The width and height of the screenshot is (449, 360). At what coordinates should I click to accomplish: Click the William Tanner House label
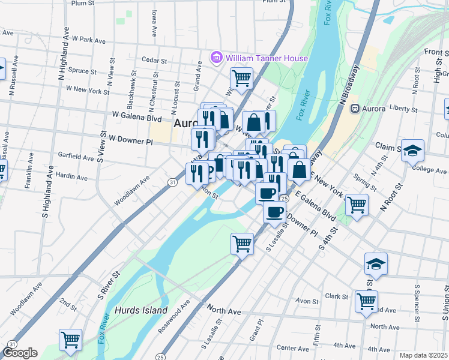tap(267, 58)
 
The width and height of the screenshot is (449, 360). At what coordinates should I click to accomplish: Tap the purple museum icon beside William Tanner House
tap(215, 58)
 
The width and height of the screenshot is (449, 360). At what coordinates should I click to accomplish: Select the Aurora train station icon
tap(355, 109)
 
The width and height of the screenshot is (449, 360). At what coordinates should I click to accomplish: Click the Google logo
tap(19, 353)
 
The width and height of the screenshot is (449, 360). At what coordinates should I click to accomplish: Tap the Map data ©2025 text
tap(423, 355)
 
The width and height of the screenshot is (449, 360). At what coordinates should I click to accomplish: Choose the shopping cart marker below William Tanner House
tap(241, 77)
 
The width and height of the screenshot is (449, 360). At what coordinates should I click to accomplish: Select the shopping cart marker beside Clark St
tap(366, 301)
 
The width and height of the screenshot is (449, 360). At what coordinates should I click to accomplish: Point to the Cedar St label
tap(154, 59)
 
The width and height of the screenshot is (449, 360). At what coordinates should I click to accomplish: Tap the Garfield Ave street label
tap(76, 158)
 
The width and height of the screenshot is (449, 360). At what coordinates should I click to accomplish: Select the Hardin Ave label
tap(71, 178)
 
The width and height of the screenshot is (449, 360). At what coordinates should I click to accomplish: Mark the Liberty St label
tap(403, 109)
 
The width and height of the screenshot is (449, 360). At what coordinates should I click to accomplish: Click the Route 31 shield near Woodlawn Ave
tap(172, 182)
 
